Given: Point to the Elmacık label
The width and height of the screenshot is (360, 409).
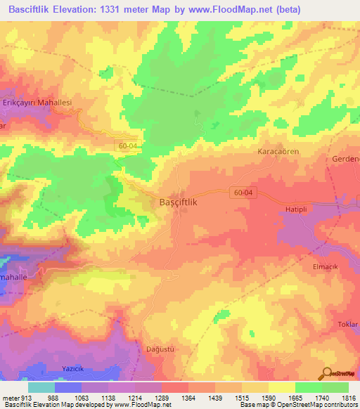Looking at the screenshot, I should click(x=326, y=267).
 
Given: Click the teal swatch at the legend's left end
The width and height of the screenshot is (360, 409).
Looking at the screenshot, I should click(x=41, y=387).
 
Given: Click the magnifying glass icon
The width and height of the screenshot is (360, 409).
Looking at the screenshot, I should click(x=328, y=373).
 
